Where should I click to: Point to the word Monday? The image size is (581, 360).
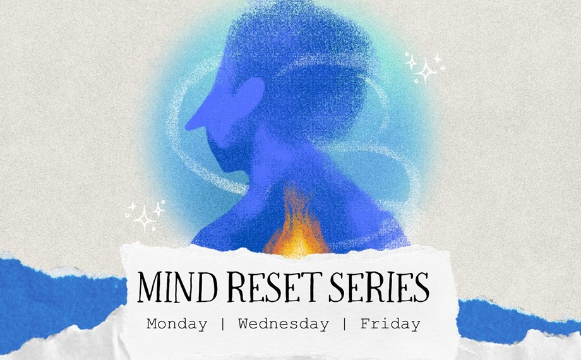[177, 325]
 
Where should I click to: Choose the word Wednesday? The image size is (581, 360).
[284, 325]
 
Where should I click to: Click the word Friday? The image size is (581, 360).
[390, 325]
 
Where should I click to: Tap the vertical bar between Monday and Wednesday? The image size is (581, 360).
[222, 325]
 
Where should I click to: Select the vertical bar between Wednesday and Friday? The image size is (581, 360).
[345, 325]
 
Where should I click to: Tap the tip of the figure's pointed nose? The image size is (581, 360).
[188, 127]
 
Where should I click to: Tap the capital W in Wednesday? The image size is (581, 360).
[244, 325]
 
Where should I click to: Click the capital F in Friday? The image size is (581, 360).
[365, 325]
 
